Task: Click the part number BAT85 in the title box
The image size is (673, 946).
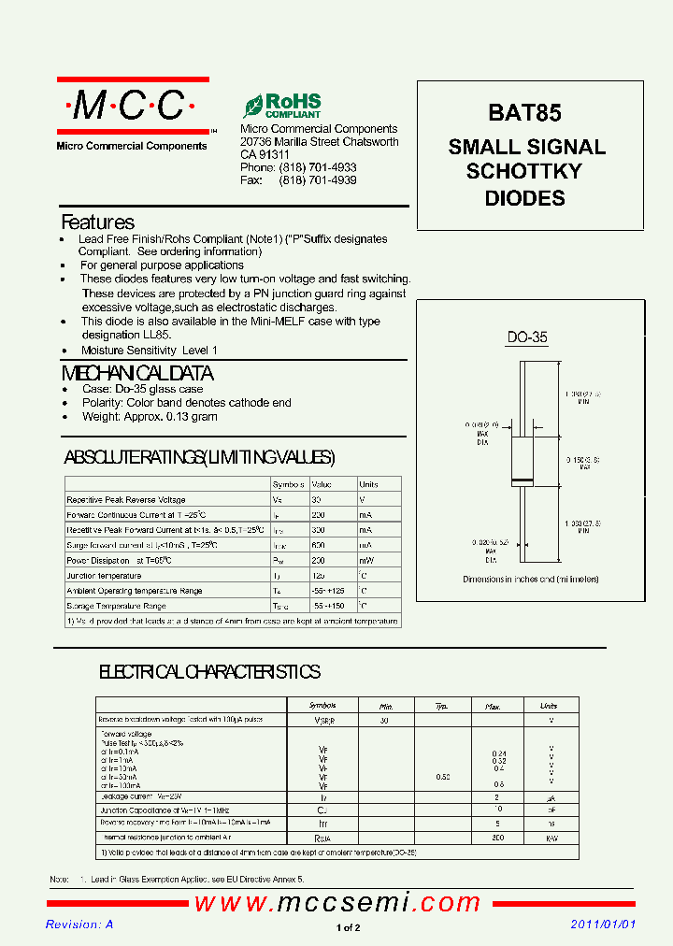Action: tap(524, 113)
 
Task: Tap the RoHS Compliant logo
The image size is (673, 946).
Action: tap(282, 105)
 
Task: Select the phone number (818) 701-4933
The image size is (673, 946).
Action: tap(318, 167)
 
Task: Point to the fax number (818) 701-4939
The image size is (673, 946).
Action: tap(318, 180)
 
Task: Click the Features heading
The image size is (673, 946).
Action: tap(97, 222)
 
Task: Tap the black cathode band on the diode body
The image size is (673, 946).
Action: tap(522, 480)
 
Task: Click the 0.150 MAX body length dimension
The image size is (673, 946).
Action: tap(578, 463)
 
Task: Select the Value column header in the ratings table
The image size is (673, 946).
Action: tap(322, 484)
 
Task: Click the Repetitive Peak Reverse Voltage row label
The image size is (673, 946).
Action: tap(126, 500)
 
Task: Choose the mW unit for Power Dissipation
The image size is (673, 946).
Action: tap(365, 560)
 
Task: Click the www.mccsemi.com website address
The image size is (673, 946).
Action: tap(337, 903)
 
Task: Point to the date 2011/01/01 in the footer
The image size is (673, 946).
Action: tap(603, 924)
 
